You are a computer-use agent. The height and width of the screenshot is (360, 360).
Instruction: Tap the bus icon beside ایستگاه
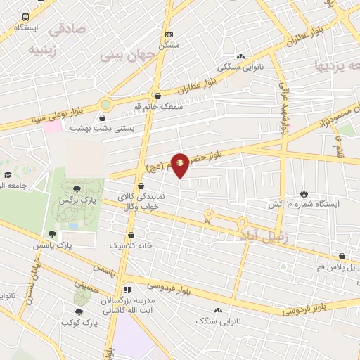[26, 17]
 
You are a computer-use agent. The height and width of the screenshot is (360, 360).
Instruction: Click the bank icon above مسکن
[168, 34]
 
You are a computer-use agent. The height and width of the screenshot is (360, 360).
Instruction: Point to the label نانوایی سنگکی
[241, 67]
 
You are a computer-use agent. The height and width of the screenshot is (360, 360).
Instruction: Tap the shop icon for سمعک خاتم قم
[156, 96]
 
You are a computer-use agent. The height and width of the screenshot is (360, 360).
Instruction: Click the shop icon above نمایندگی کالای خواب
[141, 186]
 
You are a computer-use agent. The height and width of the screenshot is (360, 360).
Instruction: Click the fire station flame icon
[304, 193]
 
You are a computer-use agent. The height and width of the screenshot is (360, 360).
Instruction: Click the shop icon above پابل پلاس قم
[342, 257]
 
